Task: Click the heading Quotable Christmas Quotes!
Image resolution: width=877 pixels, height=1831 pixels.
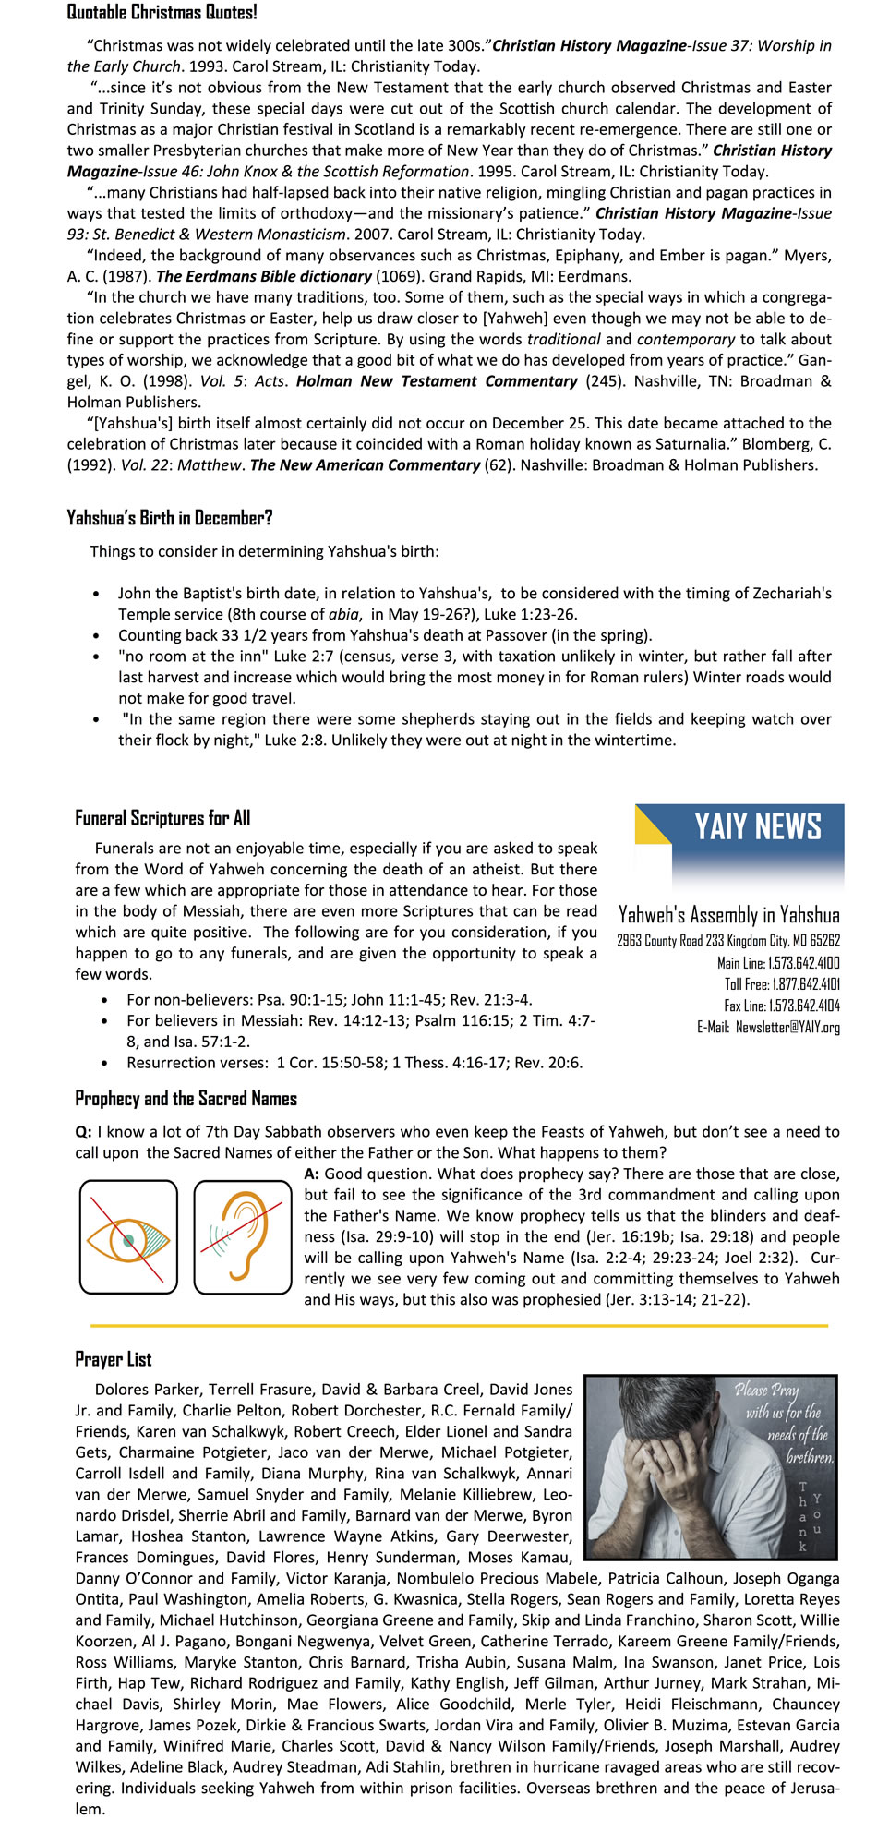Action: click(x=162, y=13)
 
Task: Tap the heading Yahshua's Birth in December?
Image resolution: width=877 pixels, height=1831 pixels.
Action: click(x=169, y=518)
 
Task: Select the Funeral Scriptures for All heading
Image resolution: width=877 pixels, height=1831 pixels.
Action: click(x=162, y=818)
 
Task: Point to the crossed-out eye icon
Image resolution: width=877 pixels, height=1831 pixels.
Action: click(x=128, y=1236)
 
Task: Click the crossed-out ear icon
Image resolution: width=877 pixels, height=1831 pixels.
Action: click(x=243, y=1236)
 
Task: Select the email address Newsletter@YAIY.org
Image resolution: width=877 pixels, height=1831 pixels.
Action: click(x=787, y=1027)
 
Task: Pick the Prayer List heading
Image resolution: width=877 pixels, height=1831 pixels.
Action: click(x=114, y=1359)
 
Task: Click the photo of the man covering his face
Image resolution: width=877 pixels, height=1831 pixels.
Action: click(x=711, y=1467)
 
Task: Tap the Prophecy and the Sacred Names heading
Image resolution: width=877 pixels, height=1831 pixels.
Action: click(x=186, y=1099)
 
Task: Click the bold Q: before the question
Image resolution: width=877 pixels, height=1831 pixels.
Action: click(x=83, y=1132)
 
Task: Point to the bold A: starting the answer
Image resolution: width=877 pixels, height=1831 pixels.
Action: click(x=311, y=1174)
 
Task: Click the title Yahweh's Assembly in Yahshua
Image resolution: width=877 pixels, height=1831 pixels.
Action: click(x=728, y=915)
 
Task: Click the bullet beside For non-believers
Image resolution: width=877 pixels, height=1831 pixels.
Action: click(x=106, y=1001)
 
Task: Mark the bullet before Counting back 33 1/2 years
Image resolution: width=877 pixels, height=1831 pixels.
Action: click(x=97, y=636)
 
